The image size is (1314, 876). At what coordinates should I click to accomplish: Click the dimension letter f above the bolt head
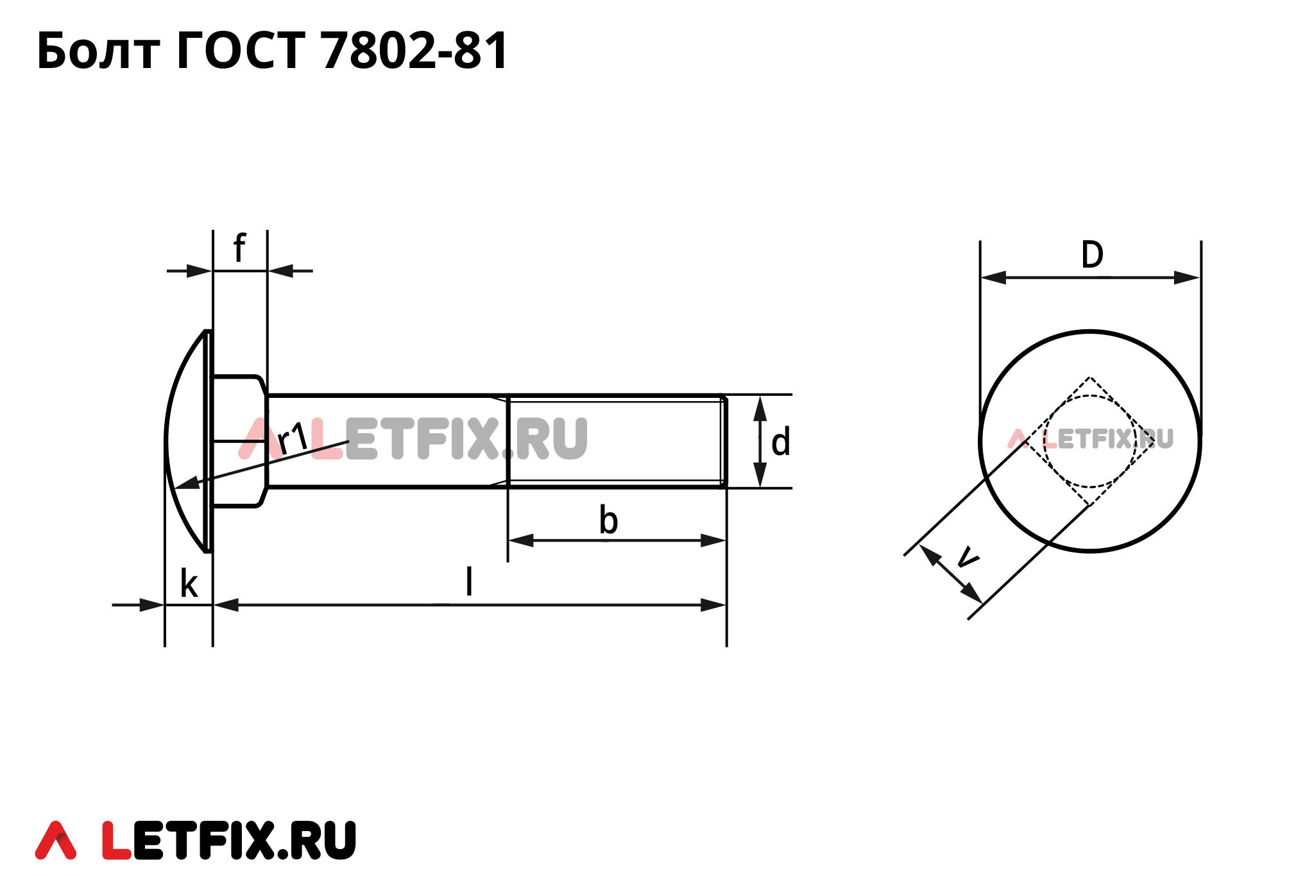click(x=239, y=248)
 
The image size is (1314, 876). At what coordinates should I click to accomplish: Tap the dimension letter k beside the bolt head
click(x=189, y=584)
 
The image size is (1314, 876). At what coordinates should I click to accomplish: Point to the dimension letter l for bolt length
click(x=469, y=581)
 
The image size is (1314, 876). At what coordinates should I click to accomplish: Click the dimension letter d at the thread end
click(x=780, y=443)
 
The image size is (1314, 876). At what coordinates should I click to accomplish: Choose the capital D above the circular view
click(x=1092, y=255)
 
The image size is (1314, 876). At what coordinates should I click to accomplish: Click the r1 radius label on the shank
click(x=293, y=439)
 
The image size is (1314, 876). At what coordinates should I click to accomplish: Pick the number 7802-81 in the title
click(x=415, y=51)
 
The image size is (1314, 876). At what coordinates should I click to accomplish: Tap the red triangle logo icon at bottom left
click(x=56, y=840)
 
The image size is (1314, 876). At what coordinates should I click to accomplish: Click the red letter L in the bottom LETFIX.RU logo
click(x=117, y=840)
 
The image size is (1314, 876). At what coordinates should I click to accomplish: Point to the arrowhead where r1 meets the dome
click(x=186, y=483)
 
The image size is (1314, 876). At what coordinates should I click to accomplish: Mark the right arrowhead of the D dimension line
click(x=1188, y=278)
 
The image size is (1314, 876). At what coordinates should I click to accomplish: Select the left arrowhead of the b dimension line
click(x=520, y=540)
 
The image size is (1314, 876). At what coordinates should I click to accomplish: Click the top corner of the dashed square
click(x=1089, y=378)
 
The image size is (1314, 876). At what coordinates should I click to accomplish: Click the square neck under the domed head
click(x=239, y=441)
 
